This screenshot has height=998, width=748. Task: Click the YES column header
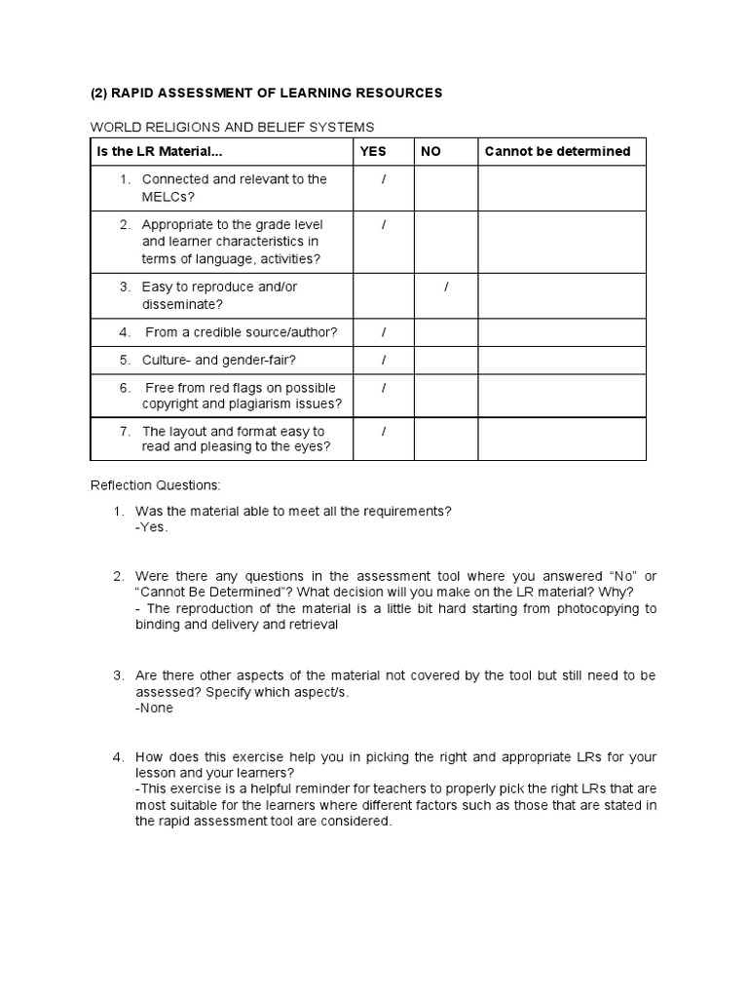[x=373, y=151]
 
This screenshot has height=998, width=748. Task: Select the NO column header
[x=430, y=151]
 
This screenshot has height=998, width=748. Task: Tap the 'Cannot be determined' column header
[x=557, y=151]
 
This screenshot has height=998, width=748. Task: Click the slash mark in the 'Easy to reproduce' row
[x=446, y=287]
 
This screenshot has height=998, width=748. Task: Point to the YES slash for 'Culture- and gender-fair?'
[x=384, y=360]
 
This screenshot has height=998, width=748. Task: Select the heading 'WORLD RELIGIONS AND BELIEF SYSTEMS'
[x=232, y=127]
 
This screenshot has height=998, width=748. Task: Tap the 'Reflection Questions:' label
[x=155, y=484]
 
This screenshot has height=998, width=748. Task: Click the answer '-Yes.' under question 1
[x=152, y=527]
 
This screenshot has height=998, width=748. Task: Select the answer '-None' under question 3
[x=155, y=708]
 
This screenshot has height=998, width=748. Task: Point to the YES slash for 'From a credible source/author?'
[x=384, y=332]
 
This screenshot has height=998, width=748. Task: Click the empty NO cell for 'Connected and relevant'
[x=445, y=188]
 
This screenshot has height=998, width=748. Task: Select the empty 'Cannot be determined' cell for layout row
[x=562, y=439]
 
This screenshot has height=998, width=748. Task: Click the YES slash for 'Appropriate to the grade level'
[x=384, y=224]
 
